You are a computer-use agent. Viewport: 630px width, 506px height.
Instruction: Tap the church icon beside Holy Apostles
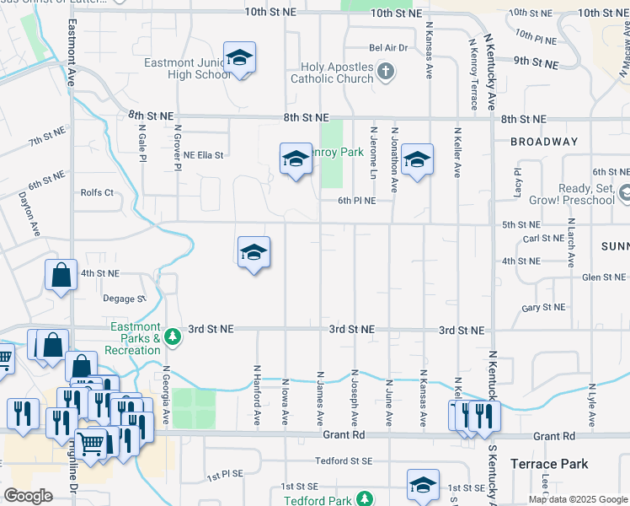point(386,71)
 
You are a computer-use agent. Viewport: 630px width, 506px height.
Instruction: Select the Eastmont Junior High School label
point(186,68)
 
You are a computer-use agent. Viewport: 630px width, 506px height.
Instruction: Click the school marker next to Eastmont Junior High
point(240,58)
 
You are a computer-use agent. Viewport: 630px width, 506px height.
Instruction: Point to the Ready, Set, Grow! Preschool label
point(572,195)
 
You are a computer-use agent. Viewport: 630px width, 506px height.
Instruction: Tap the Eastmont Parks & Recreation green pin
point(173,336)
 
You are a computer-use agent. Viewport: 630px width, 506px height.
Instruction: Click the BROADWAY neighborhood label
point(543,142)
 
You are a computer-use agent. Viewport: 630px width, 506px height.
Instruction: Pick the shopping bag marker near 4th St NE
point(61,276)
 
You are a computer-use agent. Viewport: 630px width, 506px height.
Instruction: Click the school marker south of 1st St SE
point(423,486)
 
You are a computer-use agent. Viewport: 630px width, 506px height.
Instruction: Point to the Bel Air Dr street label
point(387,48)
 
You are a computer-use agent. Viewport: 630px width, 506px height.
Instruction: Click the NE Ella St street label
point(203,155)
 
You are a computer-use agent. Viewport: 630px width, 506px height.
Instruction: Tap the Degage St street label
point(125,298)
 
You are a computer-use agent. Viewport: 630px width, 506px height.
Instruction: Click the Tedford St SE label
point(344,460)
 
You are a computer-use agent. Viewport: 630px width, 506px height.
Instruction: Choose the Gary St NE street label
point(542,309)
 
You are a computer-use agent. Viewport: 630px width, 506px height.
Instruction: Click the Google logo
point(28,495)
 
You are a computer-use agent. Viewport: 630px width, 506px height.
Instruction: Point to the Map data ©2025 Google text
point(576,499)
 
